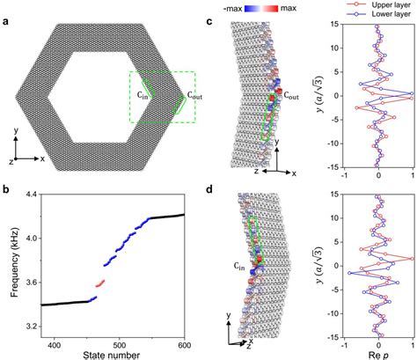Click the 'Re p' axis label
378,354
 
